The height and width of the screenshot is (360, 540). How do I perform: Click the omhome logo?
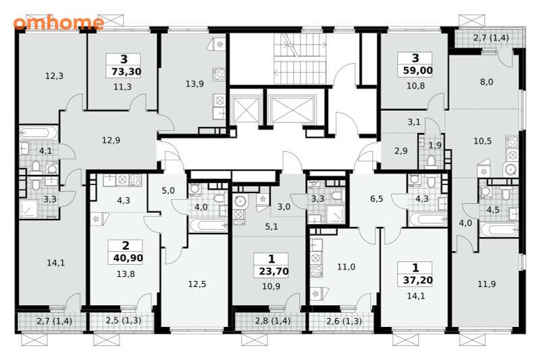(x=59, y=23)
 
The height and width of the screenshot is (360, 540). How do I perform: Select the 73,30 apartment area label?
(x=126, y=72)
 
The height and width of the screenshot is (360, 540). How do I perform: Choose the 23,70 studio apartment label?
(x=274, y=271)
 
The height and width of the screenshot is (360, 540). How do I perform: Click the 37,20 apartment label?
(x=418, y=280)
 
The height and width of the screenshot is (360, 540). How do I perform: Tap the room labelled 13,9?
(x=194, y=84)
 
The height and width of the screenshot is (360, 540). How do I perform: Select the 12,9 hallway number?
(x=111, y=140)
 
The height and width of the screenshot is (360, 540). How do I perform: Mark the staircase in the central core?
(x=300, y=59)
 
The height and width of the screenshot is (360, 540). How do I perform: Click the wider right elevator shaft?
(x=292, y=109)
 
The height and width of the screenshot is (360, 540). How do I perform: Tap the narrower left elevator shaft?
(x=246, y=109)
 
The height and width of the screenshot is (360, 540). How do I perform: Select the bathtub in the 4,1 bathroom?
(x=38, y=132)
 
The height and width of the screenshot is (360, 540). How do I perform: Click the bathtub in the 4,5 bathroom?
(x=499, y=230)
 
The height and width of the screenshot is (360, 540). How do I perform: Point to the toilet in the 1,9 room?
(x=431, y=161)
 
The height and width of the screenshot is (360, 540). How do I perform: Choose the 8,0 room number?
(x=486, y=82)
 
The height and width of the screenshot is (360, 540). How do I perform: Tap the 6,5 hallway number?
(x=377, y=199)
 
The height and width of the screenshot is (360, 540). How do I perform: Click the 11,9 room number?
(x=487, y=284)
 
